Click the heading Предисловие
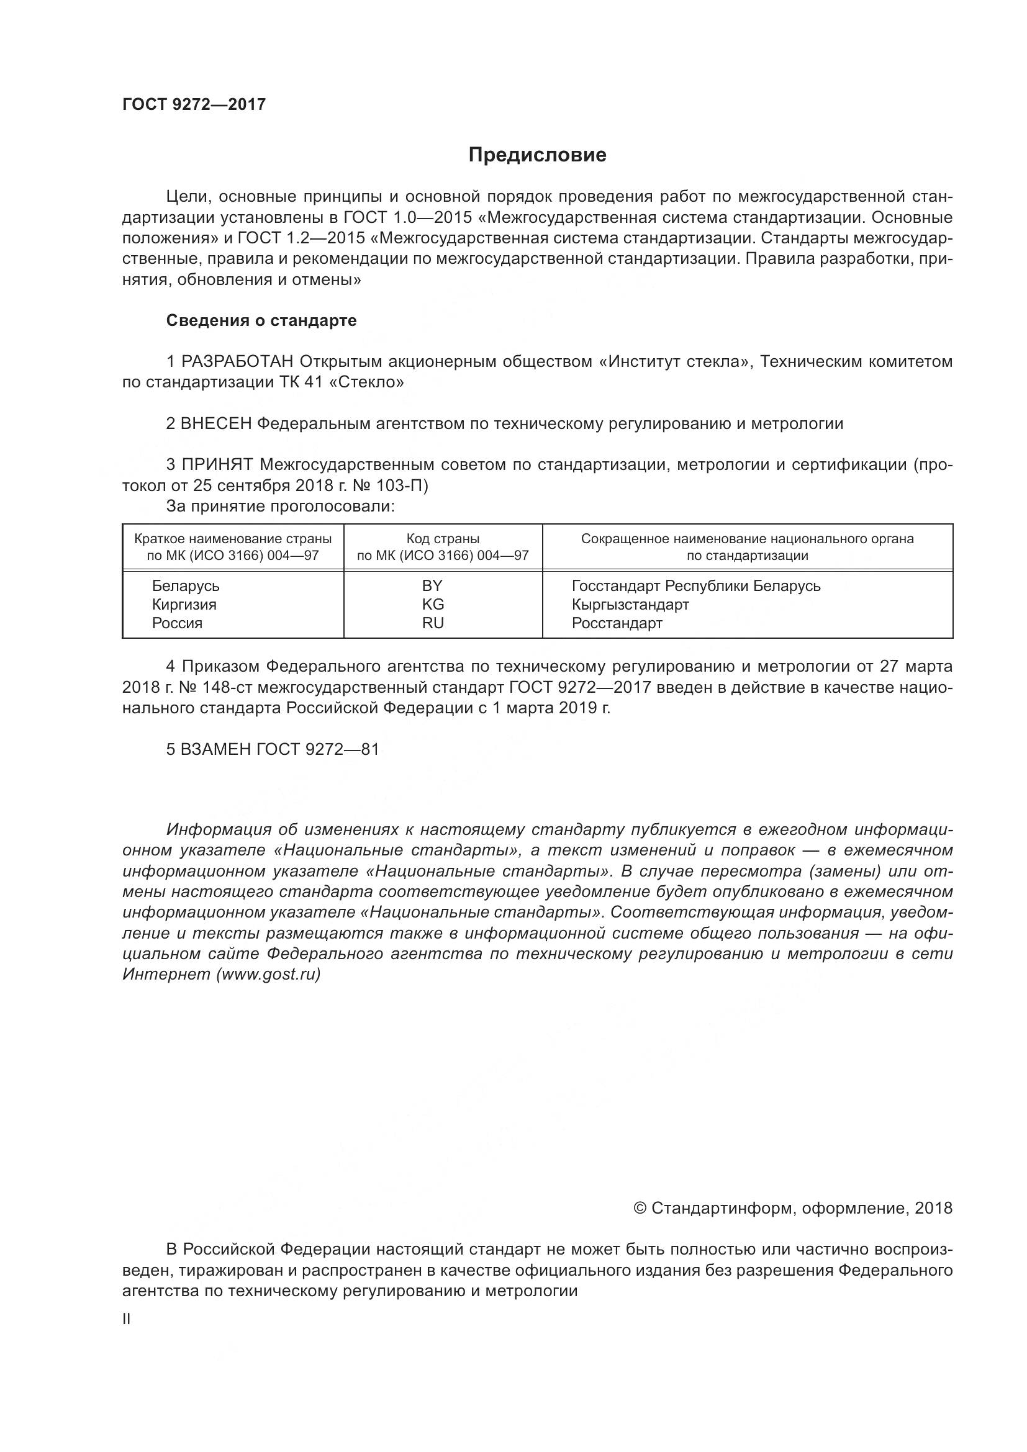[x=537, y=155]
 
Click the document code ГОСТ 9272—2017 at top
[x=194, y=104]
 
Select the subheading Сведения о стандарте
[x=261, y=320]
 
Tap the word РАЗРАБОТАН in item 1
[x=237, y=362]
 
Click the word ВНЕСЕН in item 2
[x=216, y=424]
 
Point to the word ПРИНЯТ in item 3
[x=217, y=465]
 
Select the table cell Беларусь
[x=185, y=585]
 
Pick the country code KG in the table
[x=433, y=605]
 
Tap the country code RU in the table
[x=433, y=623]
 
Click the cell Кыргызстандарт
[x=630, y=605]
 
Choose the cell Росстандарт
[x=617, y=623]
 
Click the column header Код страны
[x=443, y=539]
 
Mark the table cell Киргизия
[x=184, y=605]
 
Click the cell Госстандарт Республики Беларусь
[x=695, y=585]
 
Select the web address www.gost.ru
[x=268, y=975]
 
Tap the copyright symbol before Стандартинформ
[x=640, y=1209]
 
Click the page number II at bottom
[x=127, y=1320]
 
